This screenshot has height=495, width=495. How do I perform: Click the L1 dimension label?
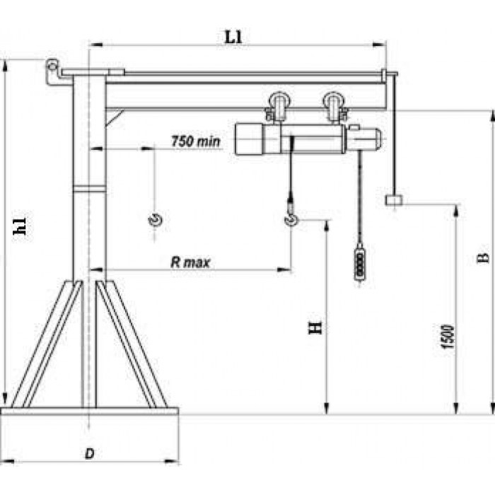click(233, 37)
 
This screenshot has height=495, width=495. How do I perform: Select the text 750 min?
click(196, 141)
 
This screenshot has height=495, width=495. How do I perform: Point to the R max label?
click(190, 262)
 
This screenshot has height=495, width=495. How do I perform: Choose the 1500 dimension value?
click(448, 337)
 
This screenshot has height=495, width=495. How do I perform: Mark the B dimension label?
click(482, 258)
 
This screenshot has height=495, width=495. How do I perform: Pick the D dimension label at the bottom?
click(90, 454)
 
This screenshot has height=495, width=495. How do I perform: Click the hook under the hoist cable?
click(291, 219)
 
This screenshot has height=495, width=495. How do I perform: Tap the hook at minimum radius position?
click(155, 219)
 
